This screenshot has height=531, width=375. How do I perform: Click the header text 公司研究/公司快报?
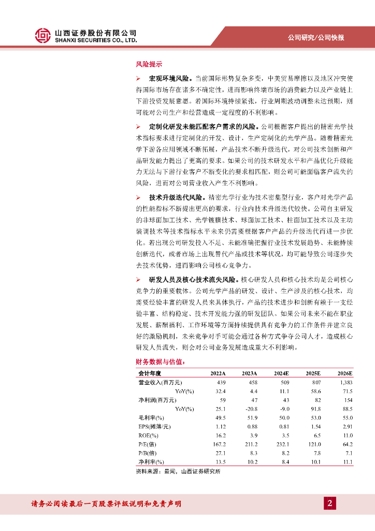point(316,37)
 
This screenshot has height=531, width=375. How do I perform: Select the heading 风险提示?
point(149,65)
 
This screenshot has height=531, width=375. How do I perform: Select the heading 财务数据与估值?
point(160,361)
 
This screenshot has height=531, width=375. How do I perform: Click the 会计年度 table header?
point(150,373)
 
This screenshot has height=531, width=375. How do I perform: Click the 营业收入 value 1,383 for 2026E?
point(345,382)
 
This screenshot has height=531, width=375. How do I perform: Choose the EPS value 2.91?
point(347,426)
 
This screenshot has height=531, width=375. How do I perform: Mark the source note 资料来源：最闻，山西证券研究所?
point(178,471)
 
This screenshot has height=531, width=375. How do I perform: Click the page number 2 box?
point(329,504)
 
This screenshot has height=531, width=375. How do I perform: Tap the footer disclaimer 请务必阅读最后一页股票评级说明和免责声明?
point(106,504)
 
